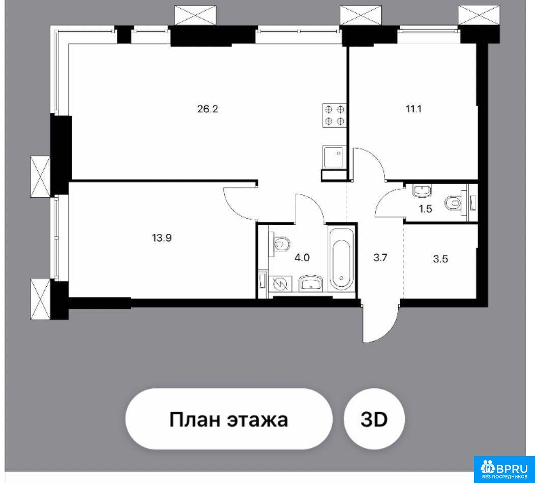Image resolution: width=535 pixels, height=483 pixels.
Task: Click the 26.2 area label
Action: (207, 109)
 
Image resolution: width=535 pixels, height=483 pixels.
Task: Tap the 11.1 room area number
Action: (413, 109)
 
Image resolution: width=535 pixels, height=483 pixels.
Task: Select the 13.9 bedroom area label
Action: (162, 238)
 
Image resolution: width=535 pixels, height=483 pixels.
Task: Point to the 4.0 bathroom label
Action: (302, 258)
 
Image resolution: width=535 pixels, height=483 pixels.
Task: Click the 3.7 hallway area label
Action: (380, 258)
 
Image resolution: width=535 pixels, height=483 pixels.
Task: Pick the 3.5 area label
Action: (440, 259)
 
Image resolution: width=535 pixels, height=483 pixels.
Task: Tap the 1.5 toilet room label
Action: (426, 209)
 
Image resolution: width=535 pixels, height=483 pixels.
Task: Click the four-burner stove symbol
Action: (335, 115)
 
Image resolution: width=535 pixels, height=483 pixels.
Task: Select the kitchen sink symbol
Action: (335, 157)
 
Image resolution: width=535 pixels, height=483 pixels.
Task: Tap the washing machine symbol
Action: (280, 284)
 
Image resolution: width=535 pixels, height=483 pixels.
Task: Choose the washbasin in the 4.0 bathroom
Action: (311, 284)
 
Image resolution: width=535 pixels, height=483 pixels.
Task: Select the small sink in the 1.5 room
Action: (422, 191)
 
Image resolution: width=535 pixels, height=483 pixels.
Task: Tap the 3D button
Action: (374, 419)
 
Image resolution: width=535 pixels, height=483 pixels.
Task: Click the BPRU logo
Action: (504, 469)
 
